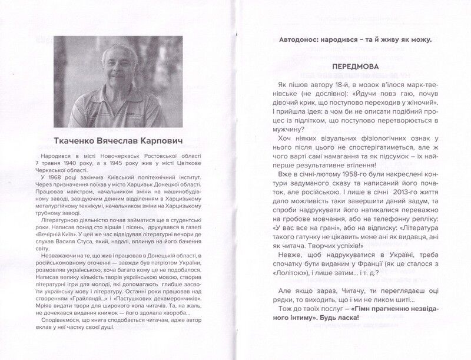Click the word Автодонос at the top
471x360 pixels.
[301, 40]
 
